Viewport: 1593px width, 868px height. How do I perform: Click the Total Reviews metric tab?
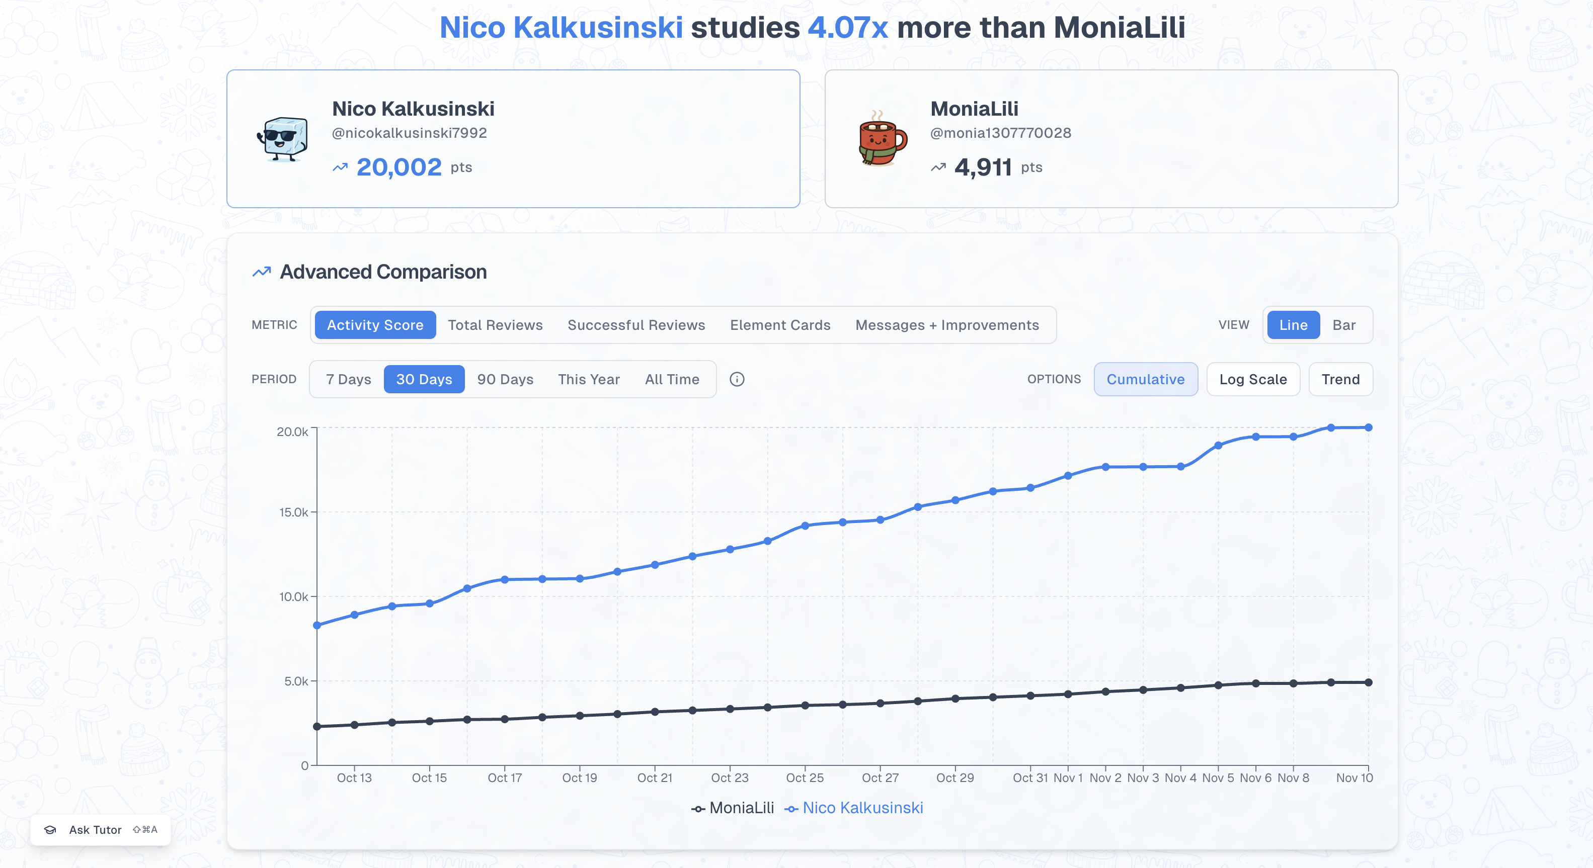[495, 325]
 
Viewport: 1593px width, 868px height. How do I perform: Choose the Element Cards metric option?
[780, 325]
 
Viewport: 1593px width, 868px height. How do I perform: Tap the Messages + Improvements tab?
[947, 325]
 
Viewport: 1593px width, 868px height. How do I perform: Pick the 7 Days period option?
[348, 380]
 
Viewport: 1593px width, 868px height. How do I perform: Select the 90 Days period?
[505, 380]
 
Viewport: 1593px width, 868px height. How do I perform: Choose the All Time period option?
[672, 380]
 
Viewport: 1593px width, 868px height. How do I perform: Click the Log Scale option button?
[1252, 380]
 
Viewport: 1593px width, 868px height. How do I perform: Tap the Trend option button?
[1340, 380]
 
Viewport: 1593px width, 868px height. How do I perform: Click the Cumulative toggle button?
[1145, 380]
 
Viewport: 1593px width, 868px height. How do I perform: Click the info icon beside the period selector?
[737, 380]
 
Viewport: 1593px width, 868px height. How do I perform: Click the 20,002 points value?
[399, 167]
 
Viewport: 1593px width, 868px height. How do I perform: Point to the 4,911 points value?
[983, 167]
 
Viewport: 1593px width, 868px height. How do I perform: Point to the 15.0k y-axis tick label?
[293, 512]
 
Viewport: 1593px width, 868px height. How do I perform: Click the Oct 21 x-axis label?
[654, 778]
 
